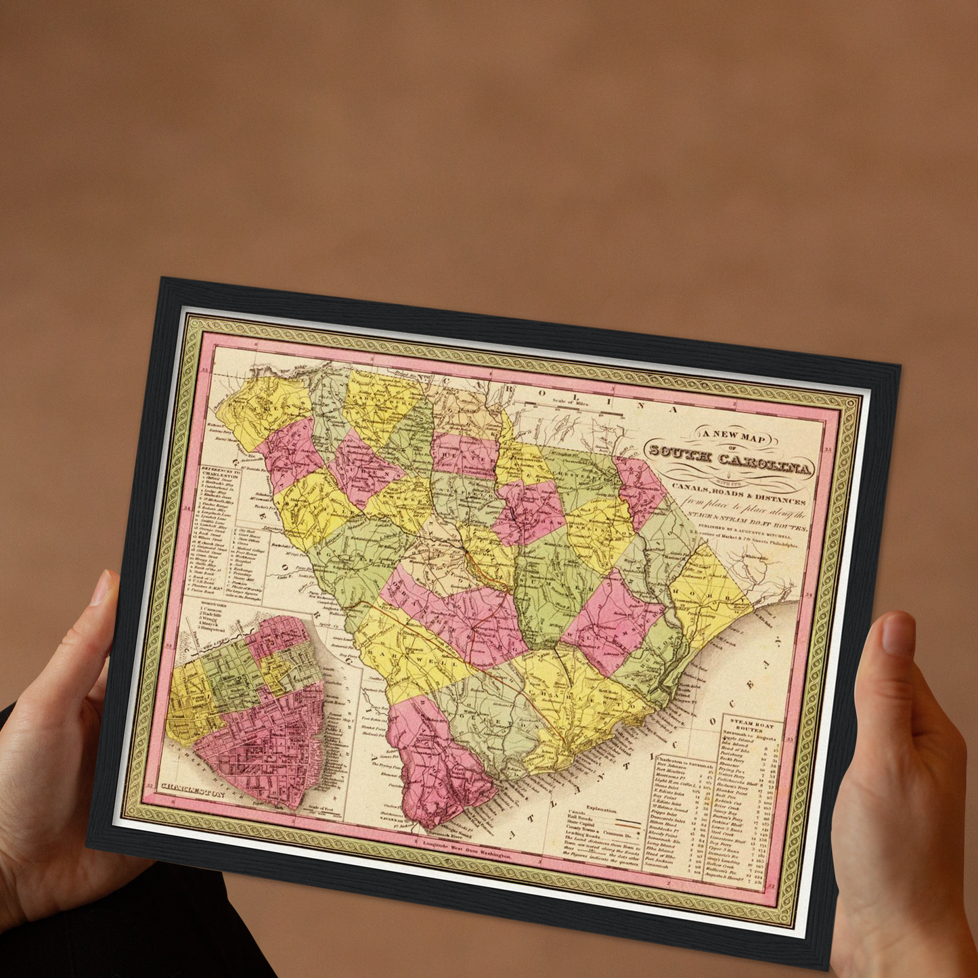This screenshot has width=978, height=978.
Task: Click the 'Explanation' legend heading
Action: coord(602,809)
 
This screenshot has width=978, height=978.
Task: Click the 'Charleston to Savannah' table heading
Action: coord(684,761)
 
